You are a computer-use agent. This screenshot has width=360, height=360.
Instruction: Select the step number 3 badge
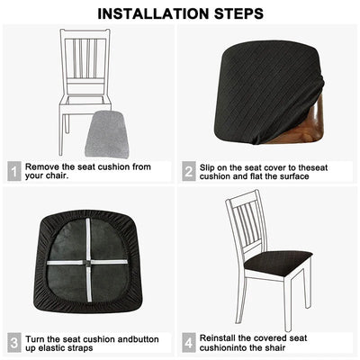pyautogui.click(x=13, y=342)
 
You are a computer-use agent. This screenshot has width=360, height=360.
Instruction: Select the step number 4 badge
pyautogui.click(x=189, y=342)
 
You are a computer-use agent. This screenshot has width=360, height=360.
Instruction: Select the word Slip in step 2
pyautogui.click(x=210, y=166)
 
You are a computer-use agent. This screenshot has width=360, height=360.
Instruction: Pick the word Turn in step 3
pyautogui.click(x=36, y=337)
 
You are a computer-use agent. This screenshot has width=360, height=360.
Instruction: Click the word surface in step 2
pyautogui.click(x=292, y=175)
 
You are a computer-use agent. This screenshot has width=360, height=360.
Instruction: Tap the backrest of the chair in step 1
pyautogui.click(x=86, y=59)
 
